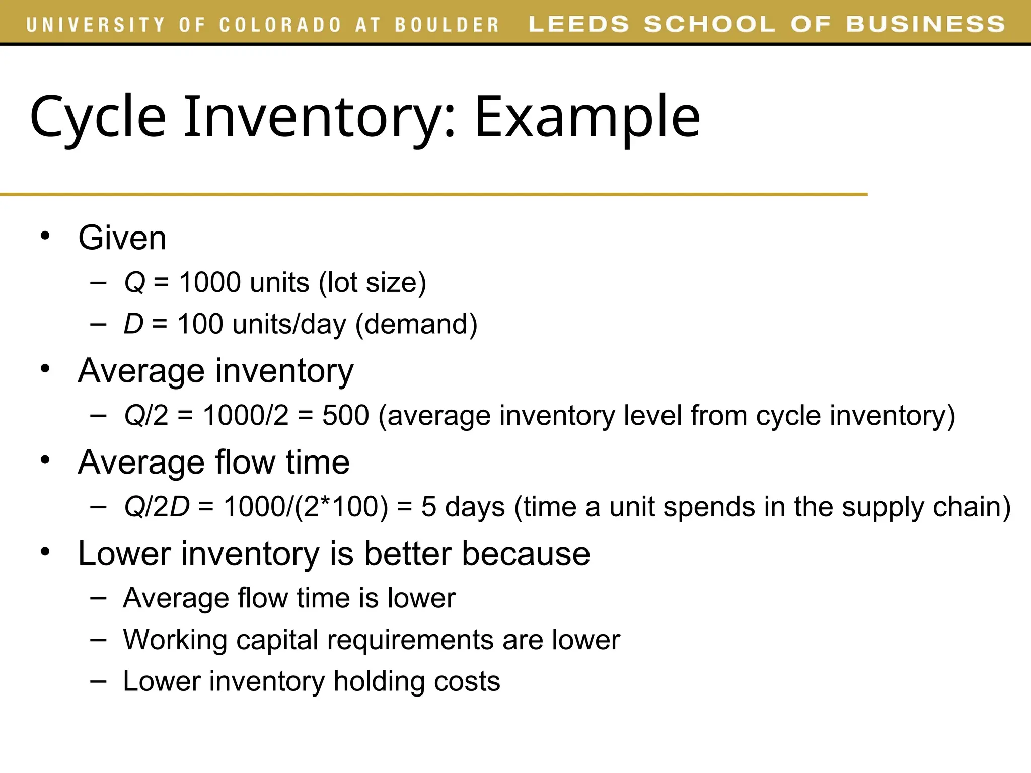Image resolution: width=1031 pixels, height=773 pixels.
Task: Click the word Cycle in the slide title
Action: coord(98,117)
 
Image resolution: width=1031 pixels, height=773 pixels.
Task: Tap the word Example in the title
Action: coord(587,117)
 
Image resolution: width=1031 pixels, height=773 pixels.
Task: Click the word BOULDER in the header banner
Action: coord(447,25)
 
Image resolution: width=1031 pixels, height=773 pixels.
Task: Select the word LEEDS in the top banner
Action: coord(579,24)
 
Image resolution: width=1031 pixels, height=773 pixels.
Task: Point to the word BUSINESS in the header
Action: coord(925,24)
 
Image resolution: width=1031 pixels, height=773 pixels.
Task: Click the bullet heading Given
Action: coord(122,238)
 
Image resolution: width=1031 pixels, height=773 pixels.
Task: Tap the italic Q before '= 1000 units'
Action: coord(134,282)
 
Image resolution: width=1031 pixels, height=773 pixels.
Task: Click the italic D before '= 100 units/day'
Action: coord(134,324)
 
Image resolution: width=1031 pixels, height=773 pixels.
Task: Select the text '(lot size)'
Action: coord(373,282)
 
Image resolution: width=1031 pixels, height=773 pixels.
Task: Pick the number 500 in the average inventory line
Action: coord(345,416)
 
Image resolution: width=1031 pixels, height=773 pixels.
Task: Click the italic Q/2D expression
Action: coord(157,507)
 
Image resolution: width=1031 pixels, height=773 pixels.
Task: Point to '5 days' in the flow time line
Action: coord(463,507)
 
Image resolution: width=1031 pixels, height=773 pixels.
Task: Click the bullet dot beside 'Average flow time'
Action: coord(45,460)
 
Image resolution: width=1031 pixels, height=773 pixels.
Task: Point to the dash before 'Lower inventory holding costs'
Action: coord(99,681)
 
